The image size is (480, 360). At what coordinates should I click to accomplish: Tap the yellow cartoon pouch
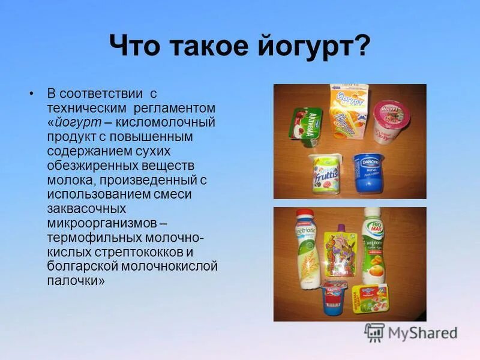[x=338, y=256]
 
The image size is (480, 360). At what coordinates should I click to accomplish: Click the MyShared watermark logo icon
[x=375, y=332]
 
